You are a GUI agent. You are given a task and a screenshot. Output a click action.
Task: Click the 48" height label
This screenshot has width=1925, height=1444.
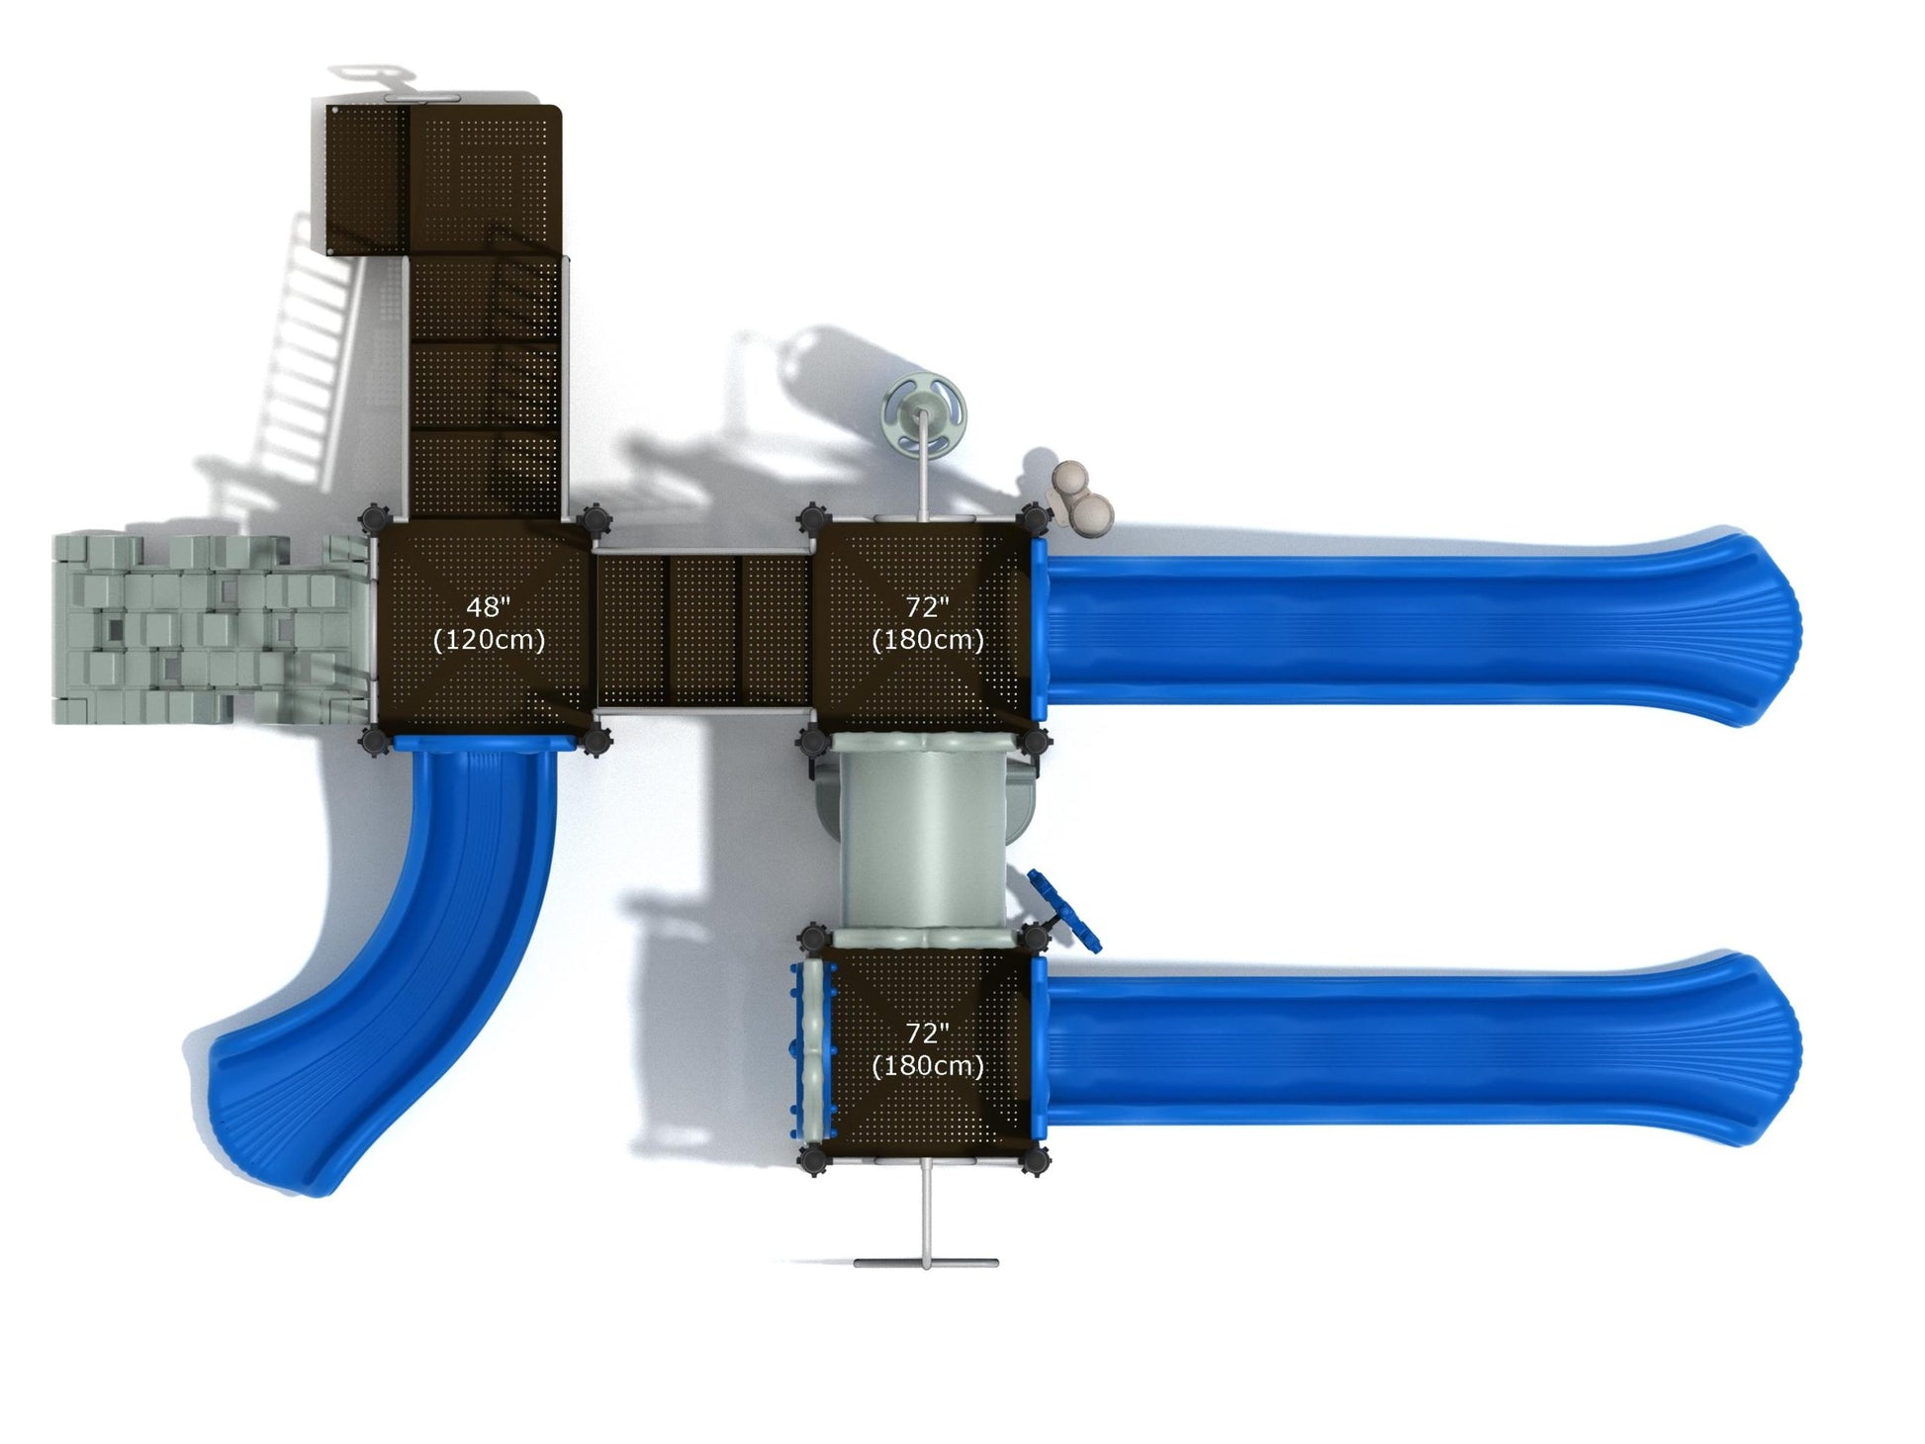[x=488, y=606]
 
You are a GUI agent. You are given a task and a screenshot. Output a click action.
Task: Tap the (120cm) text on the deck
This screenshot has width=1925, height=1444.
[x=489, y=640]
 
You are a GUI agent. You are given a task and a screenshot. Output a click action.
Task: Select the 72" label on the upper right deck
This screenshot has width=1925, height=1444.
[x=927, y=606]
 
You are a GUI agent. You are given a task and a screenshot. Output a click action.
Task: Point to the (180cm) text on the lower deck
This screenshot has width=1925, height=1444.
[x=927, y=1066]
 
